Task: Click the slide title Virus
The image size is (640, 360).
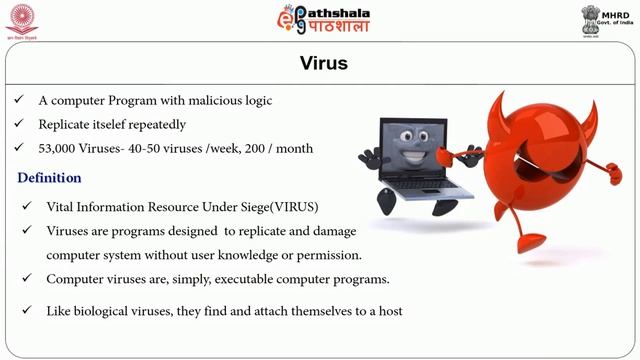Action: tap(320, 64)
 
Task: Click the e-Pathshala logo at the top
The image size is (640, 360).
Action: tap(321, 20)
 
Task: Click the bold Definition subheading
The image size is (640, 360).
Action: tap(49, 178)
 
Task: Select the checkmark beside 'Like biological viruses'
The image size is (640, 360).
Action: tap(29, 311)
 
